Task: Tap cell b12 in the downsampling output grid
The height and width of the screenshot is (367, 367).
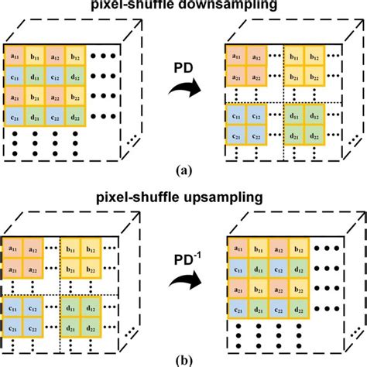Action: coord(314,55)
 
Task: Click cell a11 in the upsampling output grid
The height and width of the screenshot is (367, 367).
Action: coord(235,249)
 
